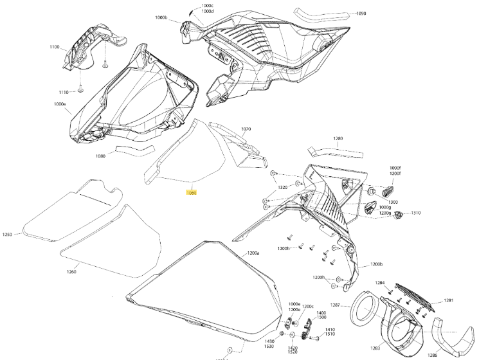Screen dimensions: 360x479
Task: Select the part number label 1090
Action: pyautogui.click(x=360, y=14)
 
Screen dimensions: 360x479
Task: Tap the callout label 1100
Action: pyautogui.click(x=54, y=47)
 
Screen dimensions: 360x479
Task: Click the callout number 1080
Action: pyautogui.click(x=100, y=156)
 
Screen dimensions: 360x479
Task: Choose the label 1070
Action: pyautogui.click(x=246, y=129)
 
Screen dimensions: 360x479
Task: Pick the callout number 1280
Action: pyautogui.click(x=338, y=138)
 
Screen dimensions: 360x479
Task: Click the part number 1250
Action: pyautogui.click(x=7, y=235)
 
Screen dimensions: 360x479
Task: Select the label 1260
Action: pyautogui.click(x=71, y=272)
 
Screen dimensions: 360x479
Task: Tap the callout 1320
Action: pyautogui.click(x=282, y=188)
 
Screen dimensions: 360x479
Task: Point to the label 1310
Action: pyautogui.click(x=416, y=213)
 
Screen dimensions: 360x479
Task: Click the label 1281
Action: pyautogui.click(x=448, y=300)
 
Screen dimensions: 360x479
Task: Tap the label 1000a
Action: pyautogui.click(x=60, y=104)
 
